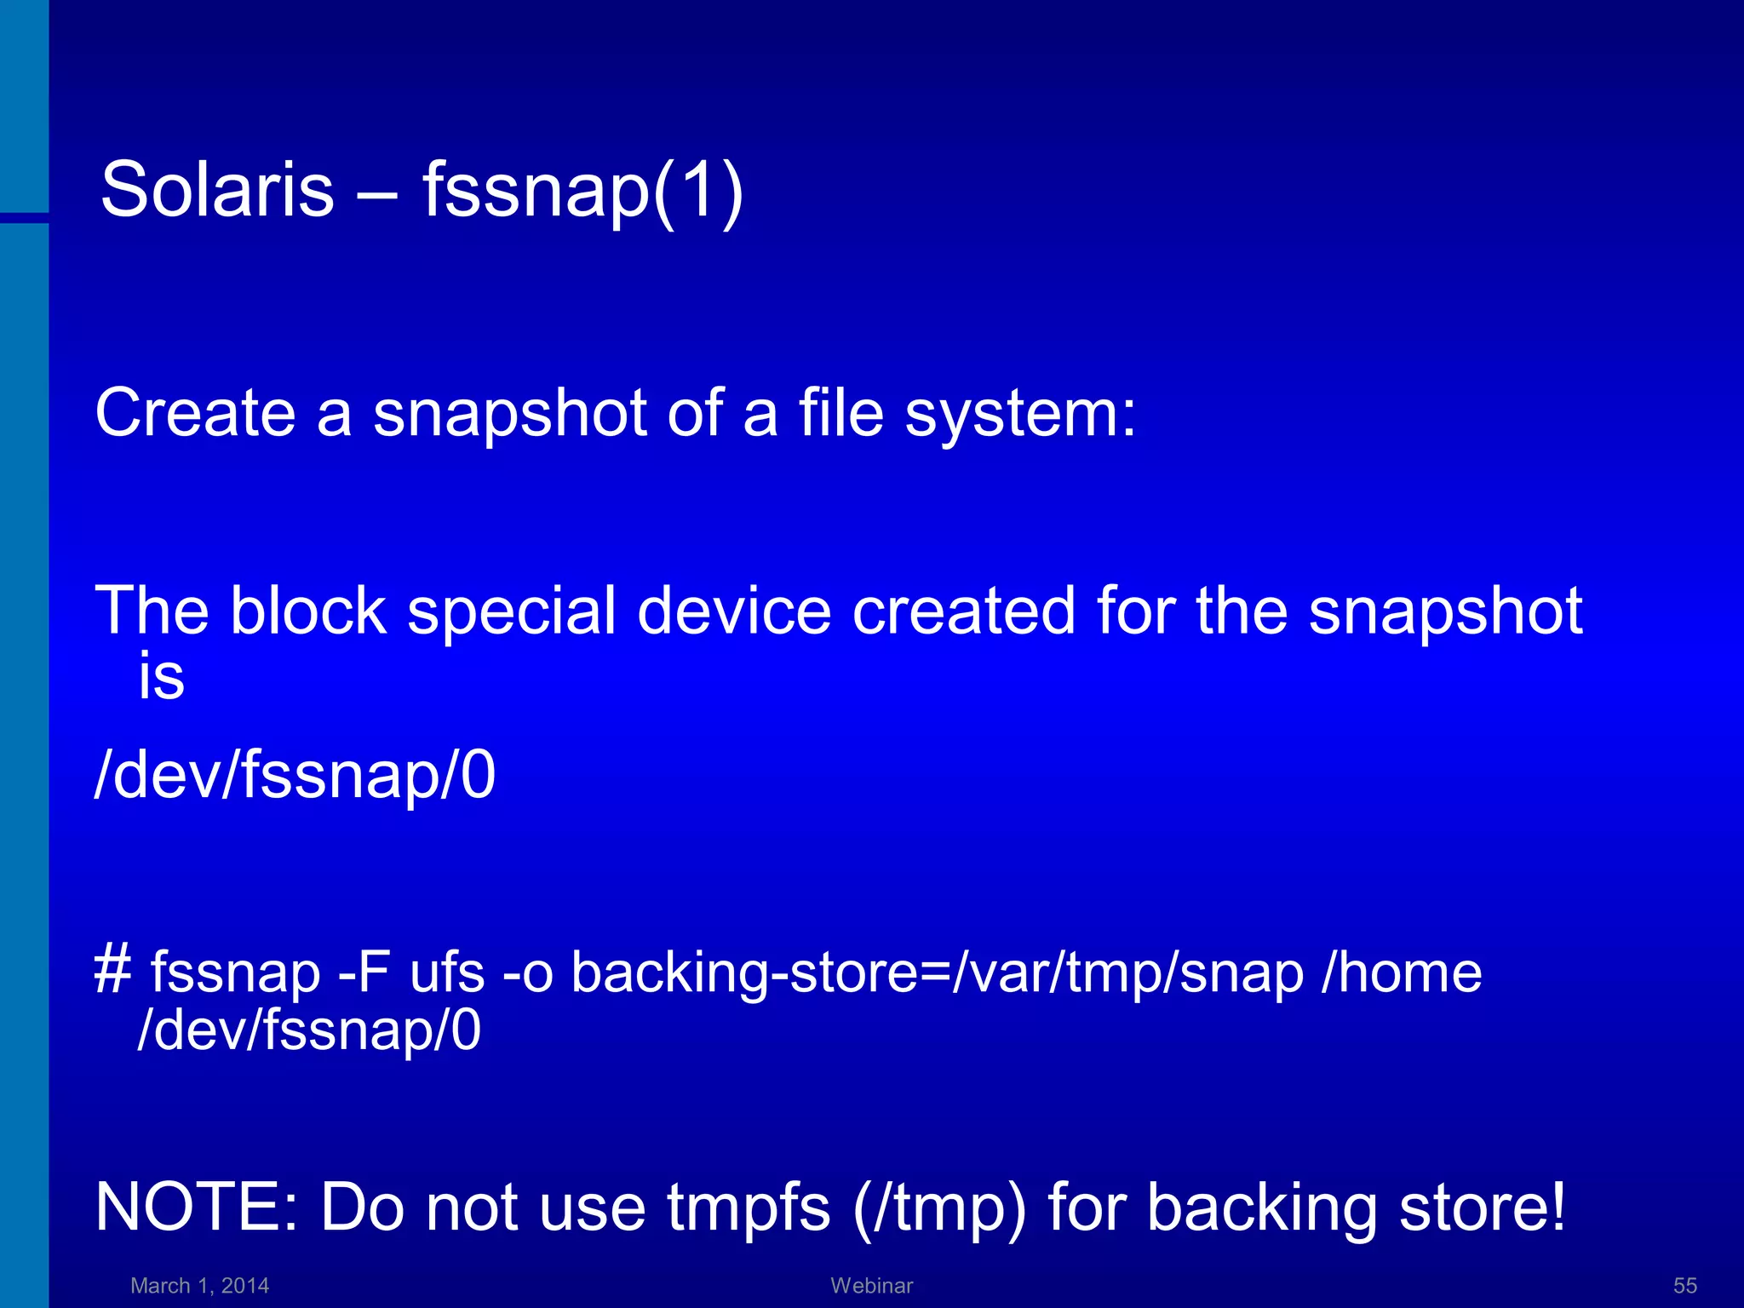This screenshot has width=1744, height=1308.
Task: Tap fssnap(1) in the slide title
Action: coord(583,191)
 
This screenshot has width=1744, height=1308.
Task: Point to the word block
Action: coord(308,611)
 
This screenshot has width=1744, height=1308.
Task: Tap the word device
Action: coord(734,611)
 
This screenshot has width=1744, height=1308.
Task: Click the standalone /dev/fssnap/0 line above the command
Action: coord(295,775)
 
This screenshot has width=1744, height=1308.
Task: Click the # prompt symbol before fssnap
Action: coord(112,972)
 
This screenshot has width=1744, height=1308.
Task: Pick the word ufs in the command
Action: coord(447,972)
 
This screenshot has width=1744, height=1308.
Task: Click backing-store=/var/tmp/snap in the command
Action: coord(937,973)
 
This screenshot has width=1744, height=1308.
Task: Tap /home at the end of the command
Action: coord(1402,972)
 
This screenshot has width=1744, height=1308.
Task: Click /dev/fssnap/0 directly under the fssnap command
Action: coord(309,1030)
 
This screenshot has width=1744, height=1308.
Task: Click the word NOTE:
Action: coord(197,1207)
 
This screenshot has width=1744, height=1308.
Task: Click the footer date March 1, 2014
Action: coord(199,1286)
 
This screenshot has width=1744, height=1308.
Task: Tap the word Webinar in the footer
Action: coord(871,1286)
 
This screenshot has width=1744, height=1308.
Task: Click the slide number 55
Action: coord(1684,1286)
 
